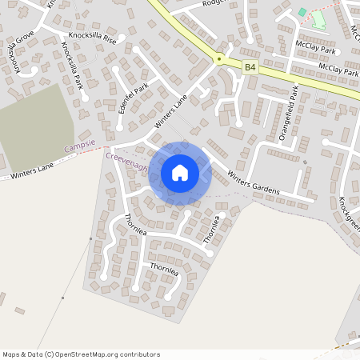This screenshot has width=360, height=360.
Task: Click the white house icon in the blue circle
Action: tap(180, 172)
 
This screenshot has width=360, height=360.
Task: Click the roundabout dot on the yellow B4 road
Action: tap(218, 58)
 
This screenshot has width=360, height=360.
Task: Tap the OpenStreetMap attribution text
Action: tap(81, 354)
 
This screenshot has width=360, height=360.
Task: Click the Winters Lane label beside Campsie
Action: tap(32, 169)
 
